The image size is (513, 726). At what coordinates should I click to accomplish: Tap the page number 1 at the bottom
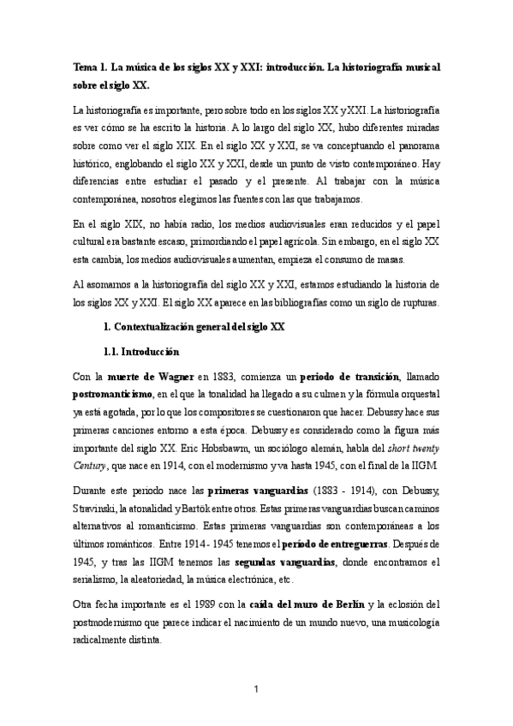coord(256,687)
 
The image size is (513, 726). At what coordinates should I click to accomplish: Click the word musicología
coord(408,622)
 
